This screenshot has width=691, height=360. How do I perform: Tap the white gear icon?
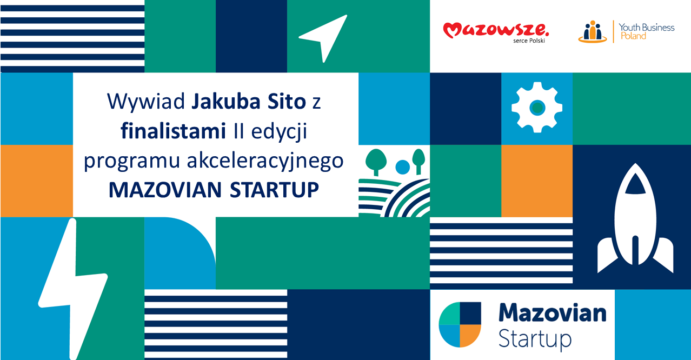coord(537,108)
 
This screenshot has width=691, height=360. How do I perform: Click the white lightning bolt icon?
coord(73,289)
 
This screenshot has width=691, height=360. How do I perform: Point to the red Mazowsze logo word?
coord(496,30)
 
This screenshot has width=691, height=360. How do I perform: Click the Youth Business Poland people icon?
coord(593,32)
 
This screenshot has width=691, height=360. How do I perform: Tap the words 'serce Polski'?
coord(529,41)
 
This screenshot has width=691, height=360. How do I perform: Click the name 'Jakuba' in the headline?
coord(226,102)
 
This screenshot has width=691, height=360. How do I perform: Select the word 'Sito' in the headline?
coord(287,101)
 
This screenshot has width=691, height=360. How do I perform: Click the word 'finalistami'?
coord(173,131)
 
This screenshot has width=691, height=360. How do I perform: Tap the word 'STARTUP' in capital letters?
coord(274,190)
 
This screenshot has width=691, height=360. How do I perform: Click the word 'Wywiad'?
coord(146,102)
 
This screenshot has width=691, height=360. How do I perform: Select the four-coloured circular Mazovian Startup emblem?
coord(460,324)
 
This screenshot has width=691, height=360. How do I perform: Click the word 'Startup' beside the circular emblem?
coord(535,339)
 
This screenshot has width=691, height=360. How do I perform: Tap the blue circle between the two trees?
coord(402,167)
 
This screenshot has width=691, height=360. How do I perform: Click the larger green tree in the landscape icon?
coord(376,161)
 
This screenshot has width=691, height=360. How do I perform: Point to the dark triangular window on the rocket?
coord(635,184)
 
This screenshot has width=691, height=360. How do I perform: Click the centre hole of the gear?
coord(537,108)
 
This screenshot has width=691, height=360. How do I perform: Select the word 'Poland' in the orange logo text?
coord(633,36)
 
